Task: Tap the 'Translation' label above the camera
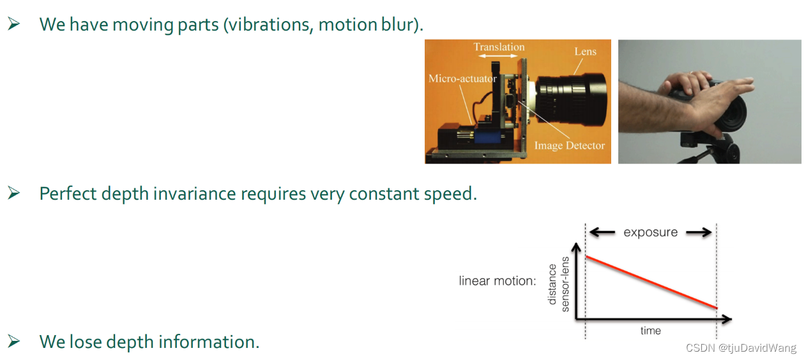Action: tap(499, 47)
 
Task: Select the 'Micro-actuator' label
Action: tap(462, 79)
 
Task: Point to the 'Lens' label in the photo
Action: tap(585, 51)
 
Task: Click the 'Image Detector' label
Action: tap(569, 146)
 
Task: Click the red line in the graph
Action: tap(651, 282)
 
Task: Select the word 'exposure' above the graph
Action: tap(650, 232)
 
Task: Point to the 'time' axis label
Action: tap(650, 331)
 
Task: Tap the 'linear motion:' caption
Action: tap(497, 281)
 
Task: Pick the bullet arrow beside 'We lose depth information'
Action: tap(14, 341)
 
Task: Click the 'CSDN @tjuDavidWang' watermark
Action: tap(741, 348)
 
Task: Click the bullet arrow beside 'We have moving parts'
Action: tap(14, 24)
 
